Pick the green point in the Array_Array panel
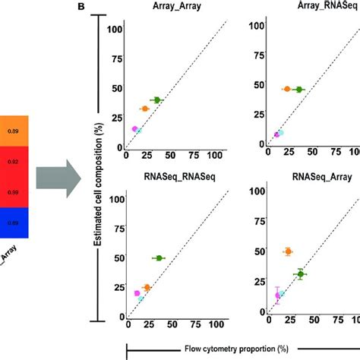pyautogui.click(x=157, y=100)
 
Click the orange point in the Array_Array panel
pyautogui.click(x=145, y=109)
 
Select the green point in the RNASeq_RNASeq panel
pyautogui.click(x=158, y=258)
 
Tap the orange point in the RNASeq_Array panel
pyautogui.click(x=288, y=251)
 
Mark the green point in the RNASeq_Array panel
pyautogui.click(x=300, y=274)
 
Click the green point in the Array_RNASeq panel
pyautogui.click(x=299, y=90)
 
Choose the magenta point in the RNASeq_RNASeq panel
pyautogui.click(x=137, y=292)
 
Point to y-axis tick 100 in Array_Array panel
pyautogui.click(x=115, y=29)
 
